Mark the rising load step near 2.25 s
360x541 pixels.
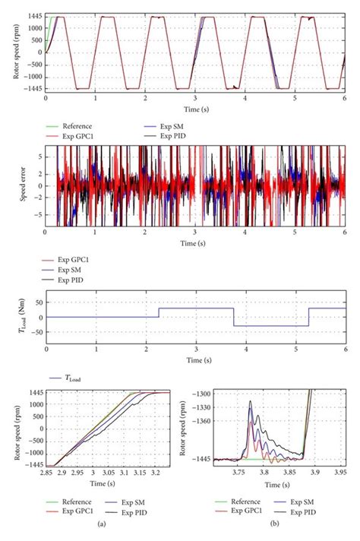[x=158, y=312]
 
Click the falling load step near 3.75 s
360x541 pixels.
[x=233, y=317]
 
